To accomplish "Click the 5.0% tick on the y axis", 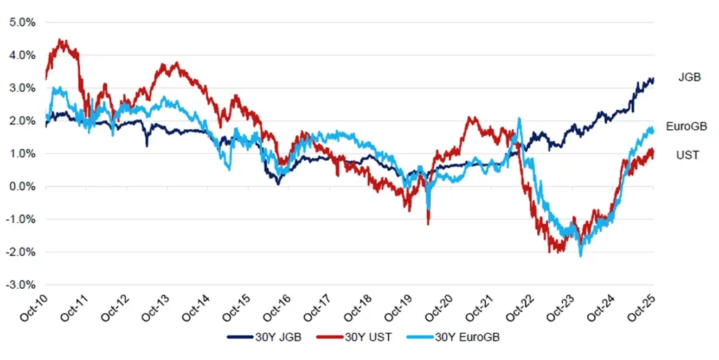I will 22,22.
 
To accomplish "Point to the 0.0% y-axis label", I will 22,187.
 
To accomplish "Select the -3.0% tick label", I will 21,285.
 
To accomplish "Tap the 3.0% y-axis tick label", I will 22,88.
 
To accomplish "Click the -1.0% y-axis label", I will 21,219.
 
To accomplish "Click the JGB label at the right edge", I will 689,77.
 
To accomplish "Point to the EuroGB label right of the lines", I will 687,126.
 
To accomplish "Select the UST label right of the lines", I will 687,155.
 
